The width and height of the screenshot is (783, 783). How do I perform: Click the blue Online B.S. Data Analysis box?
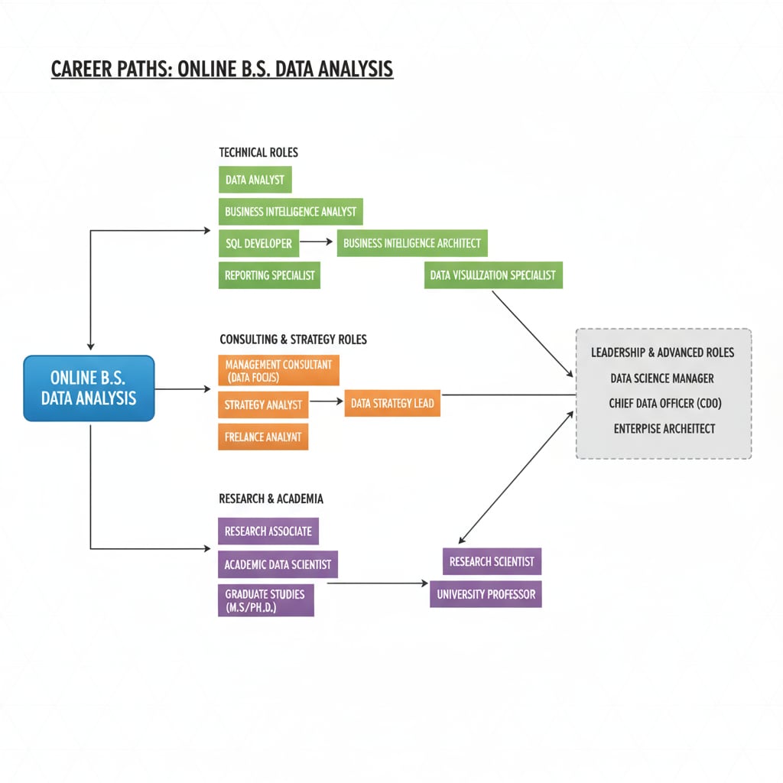click(89, 388)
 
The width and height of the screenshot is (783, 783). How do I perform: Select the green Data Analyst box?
click(255, 180)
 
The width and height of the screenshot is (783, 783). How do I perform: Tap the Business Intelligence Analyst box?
click(291, 212)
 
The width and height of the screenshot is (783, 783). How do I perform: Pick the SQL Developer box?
click(258, 243)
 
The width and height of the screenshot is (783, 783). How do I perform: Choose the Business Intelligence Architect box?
click(412, 243)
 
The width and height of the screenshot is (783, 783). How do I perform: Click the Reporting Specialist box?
click(269, 275)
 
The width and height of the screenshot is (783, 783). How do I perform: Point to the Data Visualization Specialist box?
click(493, 275)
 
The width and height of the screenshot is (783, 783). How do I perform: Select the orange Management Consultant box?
click(278, 371)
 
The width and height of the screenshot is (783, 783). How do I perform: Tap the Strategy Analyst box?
click(263, 404)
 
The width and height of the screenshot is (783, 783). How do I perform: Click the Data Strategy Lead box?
click(392, 403)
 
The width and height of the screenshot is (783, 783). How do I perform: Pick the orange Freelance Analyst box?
click(263, 437)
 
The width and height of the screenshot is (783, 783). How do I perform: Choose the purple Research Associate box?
click(268, 531)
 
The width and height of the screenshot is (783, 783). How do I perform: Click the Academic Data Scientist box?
click(278, 564)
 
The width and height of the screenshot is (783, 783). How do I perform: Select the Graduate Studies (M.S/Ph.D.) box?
click(265, 600)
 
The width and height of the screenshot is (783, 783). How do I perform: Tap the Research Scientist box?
click(492, 561)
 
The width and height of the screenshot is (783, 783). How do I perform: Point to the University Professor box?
click(486, 593)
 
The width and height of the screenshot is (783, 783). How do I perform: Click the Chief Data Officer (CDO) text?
click(664, 403)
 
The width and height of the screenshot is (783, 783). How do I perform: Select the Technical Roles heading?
click(258, 152)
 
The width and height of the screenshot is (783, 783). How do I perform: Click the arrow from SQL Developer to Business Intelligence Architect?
click(317, 242)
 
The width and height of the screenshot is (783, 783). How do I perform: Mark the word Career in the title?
click(81, 70)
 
